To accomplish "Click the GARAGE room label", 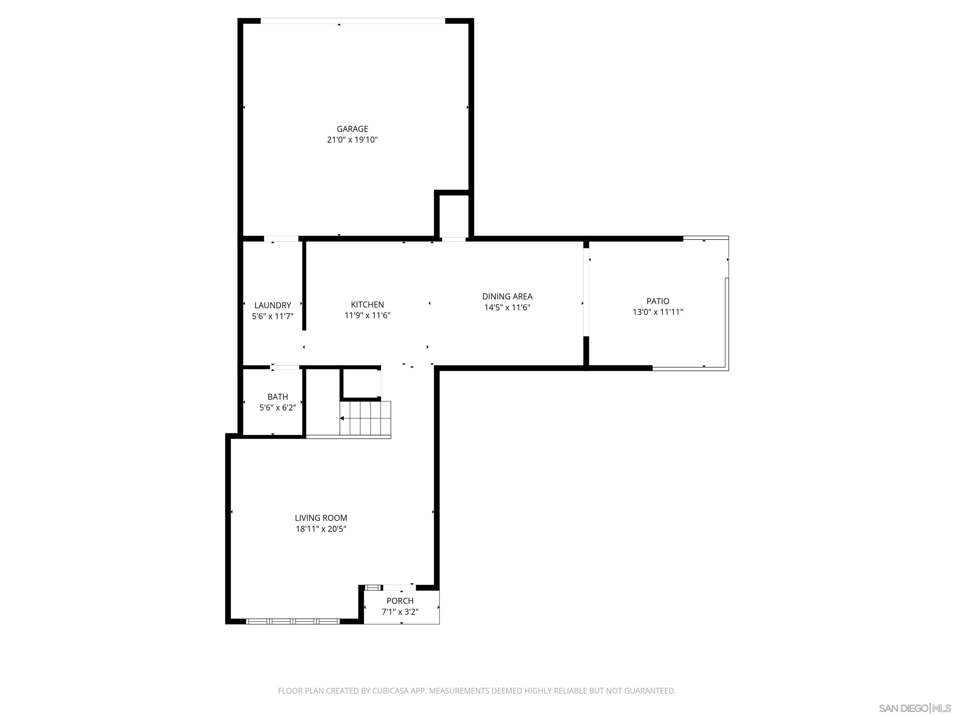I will point(352,129).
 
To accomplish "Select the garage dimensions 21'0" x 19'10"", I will point(352,140).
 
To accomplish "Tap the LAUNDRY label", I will point(273,305).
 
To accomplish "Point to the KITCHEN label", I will point(367,304).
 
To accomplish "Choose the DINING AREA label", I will point(507,296).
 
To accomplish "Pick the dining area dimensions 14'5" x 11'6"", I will point(507,307).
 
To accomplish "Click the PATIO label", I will point(658,301).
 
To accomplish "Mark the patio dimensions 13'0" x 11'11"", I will point(658,312).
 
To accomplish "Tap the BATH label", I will point(277,397).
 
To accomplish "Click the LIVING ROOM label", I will point(321,518).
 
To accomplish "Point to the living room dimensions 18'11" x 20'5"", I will point(321,529).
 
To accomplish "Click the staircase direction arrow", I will point(342,418).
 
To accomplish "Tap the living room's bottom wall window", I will point(293,621).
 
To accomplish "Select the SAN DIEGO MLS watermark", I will point(914,708).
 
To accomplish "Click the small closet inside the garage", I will point(454,215).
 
